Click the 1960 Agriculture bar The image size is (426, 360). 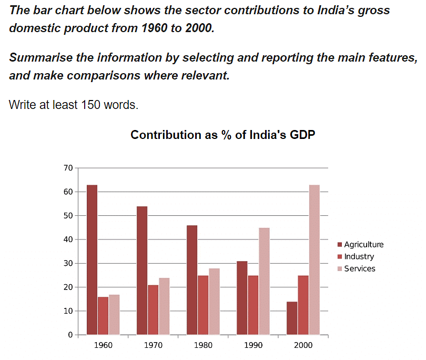tap(92, 260)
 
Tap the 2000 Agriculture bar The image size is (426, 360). tap(292, 318)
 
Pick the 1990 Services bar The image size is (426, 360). tap(264, 281)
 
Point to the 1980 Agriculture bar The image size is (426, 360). tap(192, 280)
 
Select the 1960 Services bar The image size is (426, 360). tap(114, 314)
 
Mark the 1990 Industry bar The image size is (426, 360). tap(253, 305)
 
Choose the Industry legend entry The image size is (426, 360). tap(359, 257)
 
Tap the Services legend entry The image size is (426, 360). tap(359, 268)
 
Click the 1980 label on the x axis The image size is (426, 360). tap(203, 346)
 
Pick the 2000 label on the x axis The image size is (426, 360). tap(303, 346)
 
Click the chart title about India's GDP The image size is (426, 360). tap(222, 135)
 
